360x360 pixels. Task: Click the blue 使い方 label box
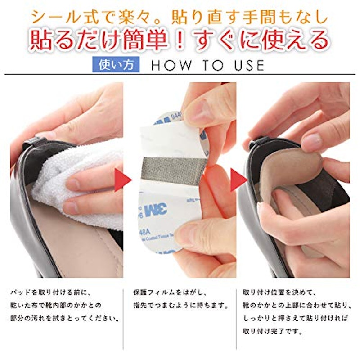[116, 64]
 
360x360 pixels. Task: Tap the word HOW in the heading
[171, 65]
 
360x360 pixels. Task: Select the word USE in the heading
[249, 65]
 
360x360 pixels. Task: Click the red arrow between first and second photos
[123, 180]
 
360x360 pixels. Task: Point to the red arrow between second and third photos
[239, 180]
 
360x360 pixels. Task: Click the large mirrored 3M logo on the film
[156, 209]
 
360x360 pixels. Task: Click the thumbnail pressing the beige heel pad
[312, 140]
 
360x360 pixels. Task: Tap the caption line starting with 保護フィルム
[171, 293]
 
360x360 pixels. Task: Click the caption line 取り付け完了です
[272, 331]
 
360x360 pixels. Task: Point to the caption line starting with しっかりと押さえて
[296, 319]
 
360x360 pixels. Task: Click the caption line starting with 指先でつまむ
[181, 306]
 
